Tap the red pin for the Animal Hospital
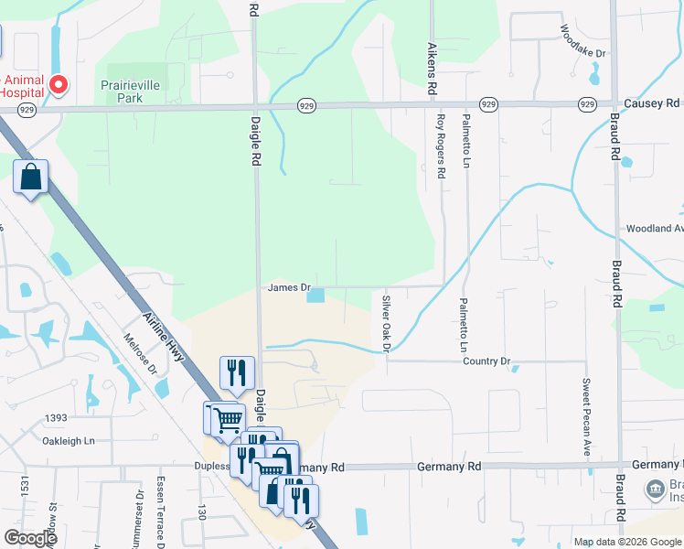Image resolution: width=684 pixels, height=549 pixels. (59, 86)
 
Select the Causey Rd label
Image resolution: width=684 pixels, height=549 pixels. (653, 103)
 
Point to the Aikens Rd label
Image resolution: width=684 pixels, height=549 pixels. (429, 70)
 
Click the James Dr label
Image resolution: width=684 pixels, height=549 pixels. (290, 287)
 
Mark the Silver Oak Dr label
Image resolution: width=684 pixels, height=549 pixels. (386, 323)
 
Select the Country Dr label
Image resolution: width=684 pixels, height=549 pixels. (486, 361)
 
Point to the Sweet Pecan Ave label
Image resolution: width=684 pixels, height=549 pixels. (585, 417)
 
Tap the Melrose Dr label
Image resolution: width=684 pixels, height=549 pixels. (140, 352)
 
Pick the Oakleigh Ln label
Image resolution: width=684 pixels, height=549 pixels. (69, 441)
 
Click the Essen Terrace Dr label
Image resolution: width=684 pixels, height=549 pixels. (161, 504)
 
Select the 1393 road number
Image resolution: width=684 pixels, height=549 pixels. (56, 418)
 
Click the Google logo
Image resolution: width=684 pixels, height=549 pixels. (30, 538)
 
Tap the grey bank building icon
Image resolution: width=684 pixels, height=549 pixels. (655, 488)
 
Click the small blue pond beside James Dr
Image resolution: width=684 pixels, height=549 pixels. (315, 295)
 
